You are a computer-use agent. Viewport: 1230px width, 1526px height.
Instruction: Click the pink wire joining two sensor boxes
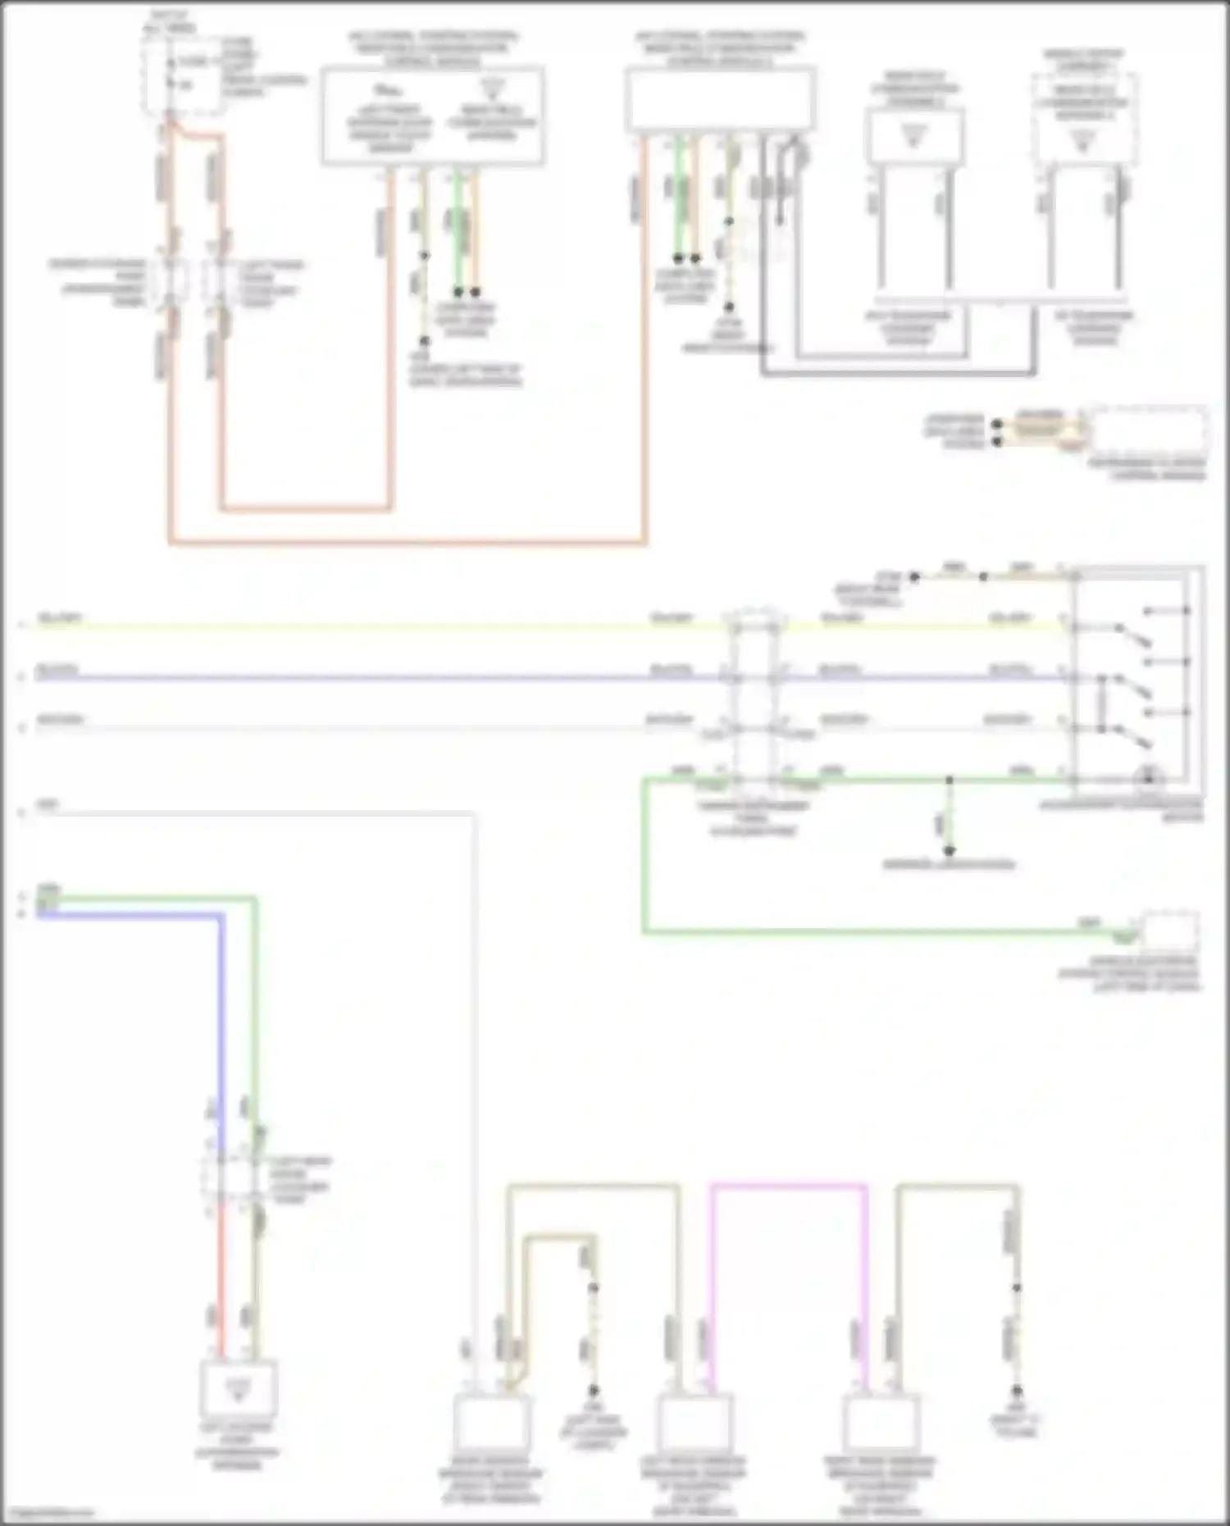787,1186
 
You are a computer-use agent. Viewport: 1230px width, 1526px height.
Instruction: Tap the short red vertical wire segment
220,1279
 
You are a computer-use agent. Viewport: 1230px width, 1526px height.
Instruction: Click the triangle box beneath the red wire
239,1388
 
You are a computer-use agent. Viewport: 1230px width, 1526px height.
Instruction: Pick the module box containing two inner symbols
432,117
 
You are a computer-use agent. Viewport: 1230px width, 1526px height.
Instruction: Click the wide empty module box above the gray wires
720,99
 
